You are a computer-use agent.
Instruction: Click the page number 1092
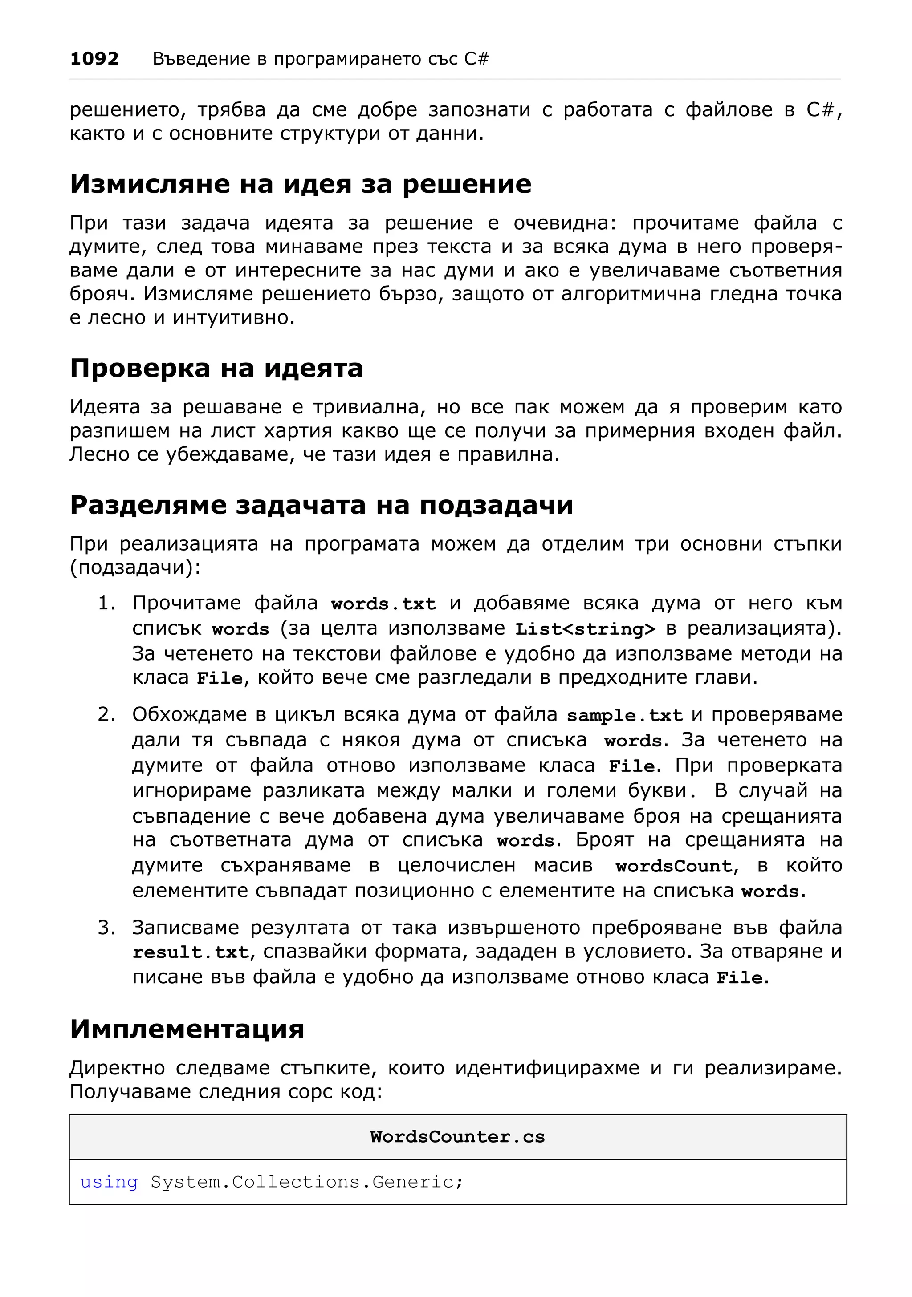(x=94, y=59)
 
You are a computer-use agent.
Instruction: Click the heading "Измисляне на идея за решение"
(x=301, y=185)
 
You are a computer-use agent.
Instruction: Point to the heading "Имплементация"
(x=187, y=1029)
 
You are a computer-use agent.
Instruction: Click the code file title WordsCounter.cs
(x=457, y=1137)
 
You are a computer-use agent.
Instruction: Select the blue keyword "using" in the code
(x=109, y=1182)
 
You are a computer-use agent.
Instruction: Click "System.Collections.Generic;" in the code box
(x=307, y=1182)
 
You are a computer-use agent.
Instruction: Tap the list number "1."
(x=107, y=603)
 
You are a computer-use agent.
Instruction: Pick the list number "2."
(x=107, y=714)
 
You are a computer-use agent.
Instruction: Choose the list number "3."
(x=107, y=928)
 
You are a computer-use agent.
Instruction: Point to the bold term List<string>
(x=586, y=629)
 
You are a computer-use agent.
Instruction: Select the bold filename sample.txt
(x=625, y=716)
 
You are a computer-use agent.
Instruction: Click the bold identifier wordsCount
(x=675, y=866)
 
